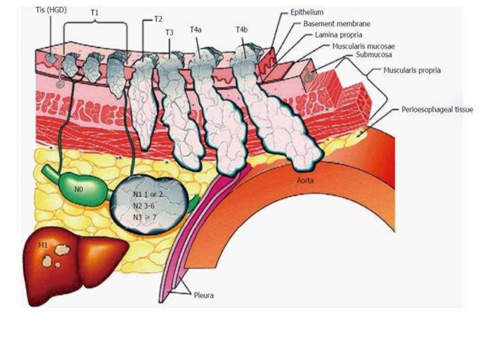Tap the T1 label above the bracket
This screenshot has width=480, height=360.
[95, 14]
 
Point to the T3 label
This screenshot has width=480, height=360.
[169, 32]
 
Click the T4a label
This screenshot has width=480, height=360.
[196, 30]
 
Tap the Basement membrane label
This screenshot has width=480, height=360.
[330, 23]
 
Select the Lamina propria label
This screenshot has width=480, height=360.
[339, 35]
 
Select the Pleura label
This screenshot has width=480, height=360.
[204, 296]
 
